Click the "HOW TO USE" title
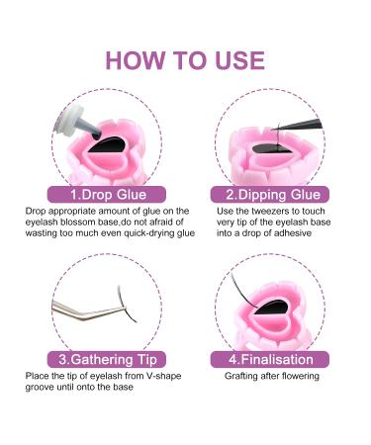click(185, 60)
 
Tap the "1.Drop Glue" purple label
click(107, 195)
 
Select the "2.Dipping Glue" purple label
click(270, 195)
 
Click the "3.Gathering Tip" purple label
click(107, 359)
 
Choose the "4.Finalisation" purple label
click(270, 359)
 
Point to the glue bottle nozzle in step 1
click(89, 128)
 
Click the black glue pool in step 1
click(107, 145)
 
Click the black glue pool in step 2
click(271, 148)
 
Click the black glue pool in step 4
click(272, 308)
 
